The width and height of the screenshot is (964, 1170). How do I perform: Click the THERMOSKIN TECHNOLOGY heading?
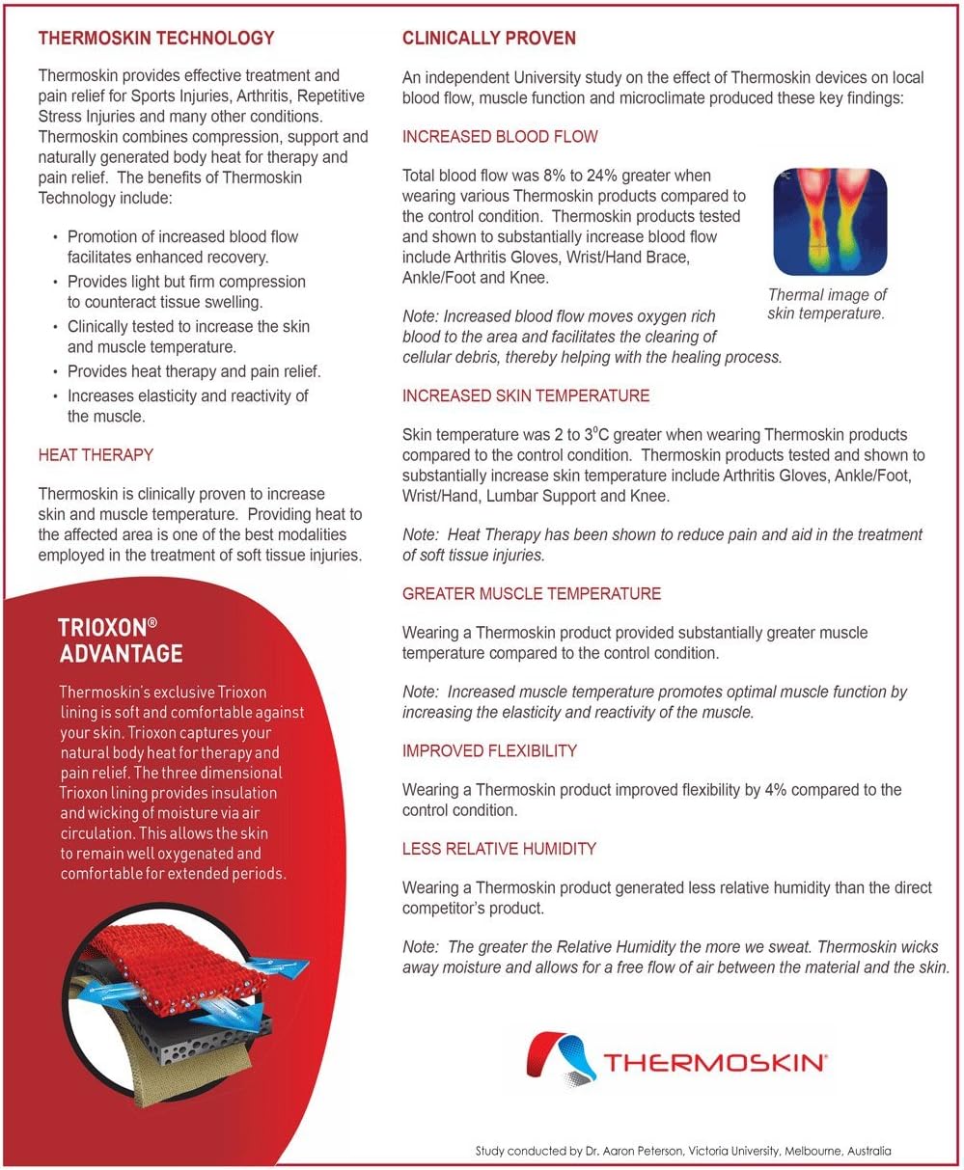[155, 39]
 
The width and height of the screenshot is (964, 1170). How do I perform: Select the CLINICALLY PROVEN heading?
[488, 39]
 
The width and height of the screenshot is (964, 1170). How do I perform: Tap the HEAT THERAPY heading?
[96, 454]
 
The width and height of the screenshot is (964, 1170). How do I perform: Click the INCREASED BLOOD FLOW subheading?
[500, 137]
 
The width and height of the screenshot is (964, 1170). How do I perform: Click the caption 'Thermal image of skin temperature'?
[826, 304]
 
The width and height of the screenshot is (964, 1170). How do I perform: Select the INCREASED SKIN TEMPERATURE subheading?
[526, 395]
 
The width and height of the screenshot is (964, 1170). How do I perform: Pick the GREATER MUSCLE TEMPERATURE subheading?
[532, 593]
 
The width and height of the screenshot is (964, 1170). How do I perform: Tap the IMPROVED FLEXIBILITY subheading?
[489, 750]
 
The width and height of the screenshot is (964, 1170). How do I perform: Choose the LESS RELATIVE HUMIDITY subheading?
[499, 849]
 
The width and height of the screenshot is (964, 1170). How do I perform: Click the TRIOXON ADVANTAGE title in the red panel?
[121, 639]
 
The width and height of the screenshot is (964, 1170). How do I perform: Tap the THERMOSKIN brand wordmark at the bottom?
[714, 1063]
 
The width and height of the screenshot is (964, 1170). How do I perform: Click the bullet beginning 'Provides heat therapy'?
[194, 371]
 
